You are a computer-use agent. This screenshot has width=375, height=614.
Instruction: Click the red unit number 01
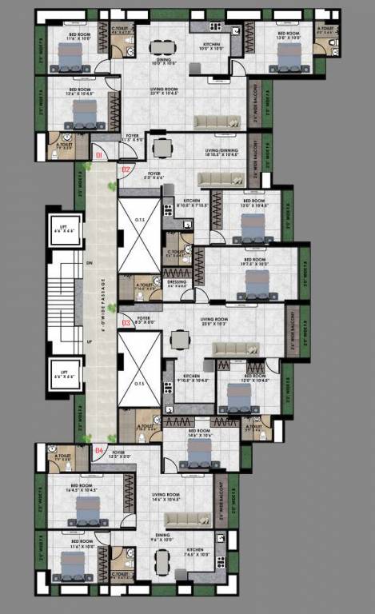click(x=99, y=154)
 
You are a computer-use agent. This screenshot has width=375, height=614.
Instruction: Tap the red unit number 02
click(x=125, y=169)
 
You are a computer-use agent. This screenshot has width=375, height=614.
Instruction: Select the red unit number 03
click(x=125, y=323)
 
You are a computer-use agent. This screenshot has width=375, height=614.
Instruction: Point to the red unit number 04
click(x=99, y=451)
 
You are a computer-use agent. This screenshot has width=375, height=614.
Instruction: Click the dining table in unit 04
click(x=163, y=563)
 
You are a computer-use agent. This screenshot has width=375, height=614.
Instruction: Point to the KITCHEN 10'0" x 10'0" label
click(x=212, y=46)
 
